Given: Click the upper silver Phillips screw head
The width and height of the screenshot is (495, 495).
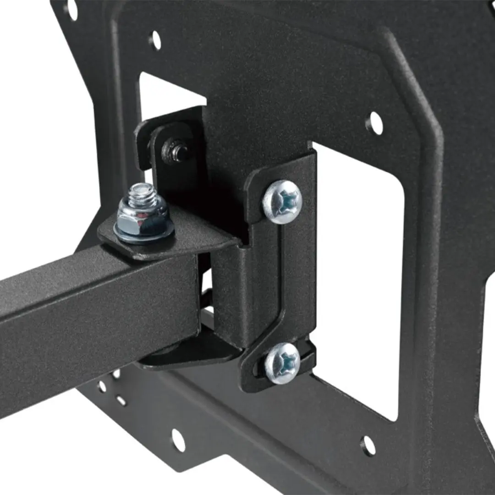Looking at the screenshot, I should (282, 201).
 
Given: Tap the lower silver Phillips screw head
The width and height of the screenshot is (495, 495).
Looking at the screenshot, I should (282, 363).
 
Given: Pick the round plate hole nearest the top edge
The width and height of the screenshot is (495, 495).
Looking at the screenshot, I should (155, 40).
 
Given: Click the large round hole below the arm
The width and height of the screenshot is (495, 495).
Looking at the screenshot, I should (178, 440).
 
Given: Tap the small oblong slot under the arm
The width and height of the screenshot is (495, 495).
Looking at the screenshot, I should (121, 401).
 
